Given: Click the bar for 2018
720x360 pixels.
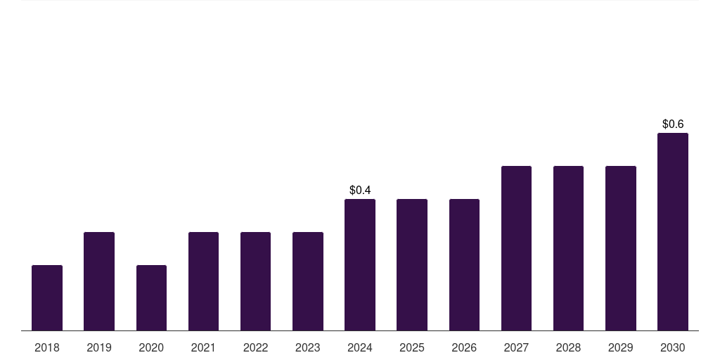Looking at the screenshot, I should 47,297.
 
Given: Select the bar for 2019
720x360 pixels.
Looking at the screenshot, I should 99,281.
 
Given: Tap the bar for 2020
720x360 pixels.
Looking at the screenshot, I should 151,297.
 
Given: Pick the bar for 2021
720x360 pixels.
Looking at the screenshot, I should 203,281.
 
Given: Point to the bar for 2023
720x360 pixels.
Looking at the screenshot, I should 308,281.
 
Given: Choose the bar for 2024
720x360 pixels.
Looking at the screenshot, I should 360,264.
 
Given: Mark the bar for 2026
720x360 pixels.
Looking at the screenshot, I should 464,264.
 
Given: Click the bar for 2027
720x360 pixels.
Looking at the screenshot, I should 516,248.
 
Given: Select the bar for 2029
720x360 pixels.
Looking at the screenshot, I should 621,248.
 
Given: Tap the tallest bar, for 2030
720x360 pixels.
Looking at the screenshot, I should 673,231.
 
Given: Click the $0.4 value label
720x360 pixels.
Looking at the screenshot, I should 360,190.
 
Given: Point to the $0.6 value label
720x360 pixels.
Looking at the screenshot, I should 673,124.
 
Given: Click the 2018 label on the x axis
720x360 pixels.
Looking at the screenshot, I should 47,347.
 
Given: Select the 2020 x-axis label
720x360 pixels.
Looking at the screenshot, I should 151,347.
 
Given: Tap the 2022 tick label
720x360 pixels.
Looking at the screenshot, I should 256,347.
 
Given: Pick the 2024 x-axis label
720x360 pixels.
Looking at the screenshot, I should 360,347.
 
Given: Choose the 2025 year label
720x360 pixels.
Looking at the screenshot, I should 412,347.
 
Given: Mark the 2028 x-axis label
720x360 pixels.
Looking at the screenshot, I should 568,347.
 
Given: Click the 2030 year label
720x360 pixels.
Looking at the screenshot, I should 673,347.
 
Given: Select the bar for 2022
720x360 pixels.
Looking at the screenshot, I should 256,281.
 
